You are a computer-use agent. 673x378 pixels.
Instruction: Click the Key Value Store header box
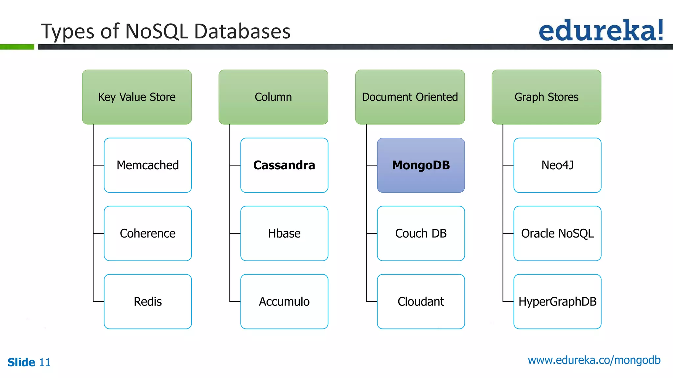[137, 97]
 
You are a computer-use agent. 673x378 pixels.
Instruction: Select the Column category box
[273, 97]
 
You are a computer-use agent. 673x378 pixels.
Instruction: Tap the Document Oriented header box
[410, 97]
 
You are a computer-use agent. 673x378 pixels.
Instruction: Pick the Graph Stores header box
[546, 97]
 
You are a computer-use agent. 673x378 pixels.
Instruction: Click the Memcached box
[148, 165]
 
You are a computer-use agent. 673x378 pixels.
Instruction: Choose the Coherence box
[148, 233]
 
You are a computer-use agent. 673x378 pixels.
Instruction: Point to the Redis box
[148, 302]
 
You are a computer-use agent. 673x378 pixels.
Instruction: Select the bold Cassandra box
[284, 165]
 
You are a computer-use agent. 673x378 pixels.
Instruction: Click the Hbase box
[284, 233]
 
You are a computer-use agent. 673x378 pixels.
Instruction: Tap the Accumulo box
[284, 302]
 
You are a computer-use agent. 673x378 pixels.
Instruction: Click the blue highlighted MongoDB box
[421, 165]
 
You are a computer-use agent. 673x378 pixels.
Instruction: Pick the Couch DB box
[421, 233]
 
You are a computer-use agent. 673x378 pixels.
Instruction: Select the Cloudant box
[421, 302]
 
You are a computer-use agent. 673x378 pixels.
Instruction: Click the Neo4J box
[557, 165]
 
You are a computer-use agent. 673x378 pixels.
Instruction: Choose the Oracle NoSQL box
[557, 233]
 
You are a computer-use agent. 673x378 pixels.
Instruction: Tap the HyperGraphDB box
[557, 302]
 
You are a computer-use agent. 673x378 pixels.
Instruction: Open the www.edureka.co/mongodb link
[594, 360]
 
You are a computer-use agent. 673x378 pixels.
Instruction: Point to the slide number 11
[45, 363]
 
